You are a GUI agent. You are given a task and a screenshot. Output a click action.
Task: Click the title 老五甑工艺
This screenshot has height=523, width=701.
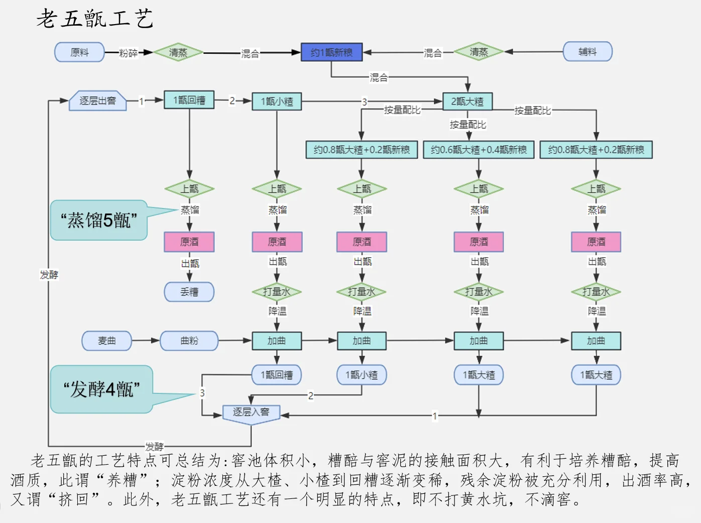click(x=94, y=19)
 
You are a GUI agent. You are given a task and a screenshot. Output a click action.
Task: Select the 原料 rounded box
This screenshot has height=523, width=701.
click(x=79, y=52)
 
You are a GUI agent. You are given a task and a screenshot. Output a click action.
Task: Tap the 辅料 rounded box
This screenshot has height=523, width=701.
click(x=587, y=52)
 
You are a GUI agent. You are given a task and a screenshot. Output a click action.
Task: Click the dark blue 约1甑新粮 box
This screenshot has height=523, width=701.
click(x=331, y=52)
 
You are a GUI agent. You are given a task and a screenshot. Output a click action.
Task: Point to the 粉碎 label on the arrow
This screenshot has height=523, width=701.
click(x=128, y=53)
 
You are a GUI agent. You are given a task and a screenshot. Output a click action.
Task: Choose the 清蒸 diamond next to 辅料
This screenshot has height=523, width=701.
click(x=479, y=52)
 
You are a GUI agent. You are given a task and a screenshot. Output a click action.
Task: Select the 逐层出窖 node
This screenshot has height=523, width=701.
click(x=97, y=101)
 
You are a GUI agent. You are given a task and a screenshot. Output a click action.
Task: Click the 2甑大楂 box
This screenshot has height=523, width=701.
click(x=467, y=101)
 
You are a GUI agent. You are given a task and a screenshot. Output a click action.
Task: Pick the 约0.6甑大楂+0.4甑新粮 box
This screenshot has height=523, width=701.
click(x=479, y=150)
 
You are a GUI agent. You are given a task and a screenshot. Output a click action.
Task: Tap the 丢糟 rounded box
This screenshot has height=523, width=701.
click(x=189, y=292)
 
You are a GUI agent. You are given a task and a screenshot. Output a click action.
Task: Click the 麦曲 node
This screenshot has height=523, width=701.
click(x=106, y=341)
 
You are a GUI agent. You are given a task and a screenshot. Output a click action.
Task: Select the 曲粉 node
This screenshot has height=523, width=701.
click(x=189, y=341)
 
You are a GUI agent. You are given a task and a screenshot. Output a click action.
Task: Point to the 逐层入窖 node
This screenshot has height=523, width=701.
click(x=251, y=413)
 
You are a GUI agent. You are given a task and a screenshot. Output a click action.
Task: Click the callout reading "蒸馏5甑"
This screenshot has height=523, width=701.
click(x=98, y=220)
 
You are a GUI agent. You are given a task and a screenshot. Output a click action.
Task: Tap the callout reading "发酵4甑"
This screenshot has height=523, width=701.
click(x=101, y=389)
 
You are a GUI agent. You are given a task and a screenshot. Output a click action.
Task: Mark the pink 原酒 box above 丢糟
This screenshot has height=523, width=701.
click(x=189, y=242)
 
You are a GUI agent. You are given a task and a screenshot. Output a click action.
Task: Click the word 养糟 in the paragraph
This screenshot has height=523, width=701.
click(x=122, y=480)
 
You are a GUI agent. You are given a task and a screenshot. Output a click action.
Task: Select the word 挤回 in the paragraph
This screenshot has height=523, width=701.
click(x=73, y=499)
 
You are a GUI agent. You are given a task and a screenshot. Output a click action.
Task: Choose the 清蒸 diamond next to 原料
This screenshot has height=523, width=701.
click(x=178, y=52)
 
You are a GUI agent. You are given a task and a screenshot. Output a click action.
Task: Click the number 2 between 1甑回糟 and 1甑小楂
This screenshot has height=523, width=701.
click(x=232, y=100)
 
